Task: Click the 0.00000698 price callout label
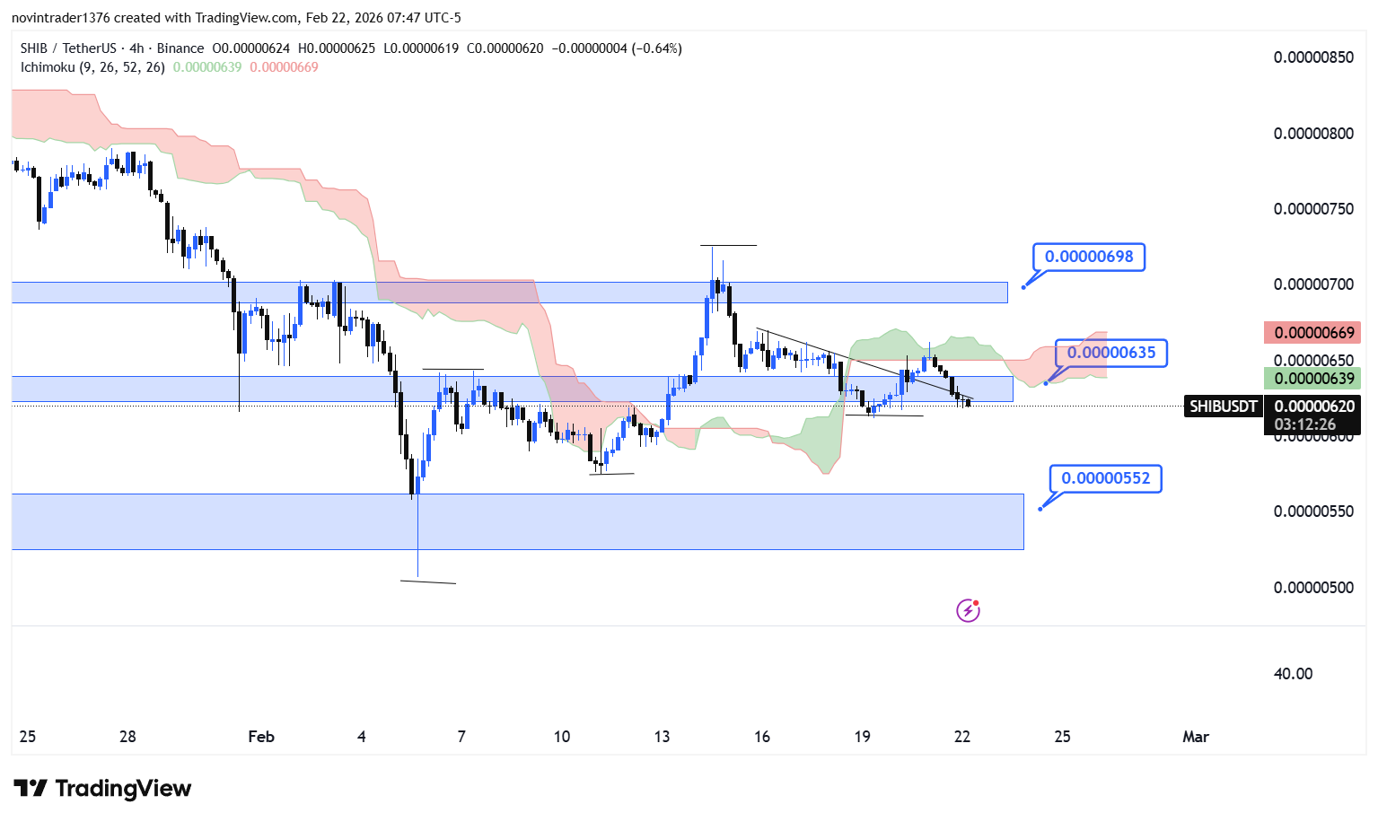point(1089,257)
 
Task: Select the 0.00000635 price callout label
point(1111,353)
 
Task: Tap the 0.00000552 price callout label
point(1105,478)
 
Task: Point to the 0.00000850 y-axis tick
point(1313,57)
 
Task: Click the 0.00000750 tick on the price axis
point(1313,209)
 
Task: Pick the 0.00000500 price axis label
point(1313,588)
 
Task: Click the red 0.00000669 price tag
point(1313,333)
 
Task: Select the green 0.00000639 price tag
point(1313,379)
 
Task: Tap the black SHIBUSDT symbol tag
point(1223,407)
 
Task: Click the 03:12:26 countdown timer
point(1304,424)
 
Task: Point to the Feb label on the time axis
point(261,737)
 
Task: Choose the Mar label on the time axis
point(1195,737)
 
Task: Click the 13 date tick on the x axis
point(662,737)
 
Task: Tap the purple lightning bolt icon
point(968,611)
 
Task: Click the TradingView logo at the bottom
point(102,789)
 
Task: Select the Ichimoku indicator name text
point(48,67)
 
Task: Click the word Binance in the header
point(180,48)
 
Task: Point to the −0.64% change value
point(659,48)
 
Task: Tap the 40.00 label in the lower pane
point(1293,674)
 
